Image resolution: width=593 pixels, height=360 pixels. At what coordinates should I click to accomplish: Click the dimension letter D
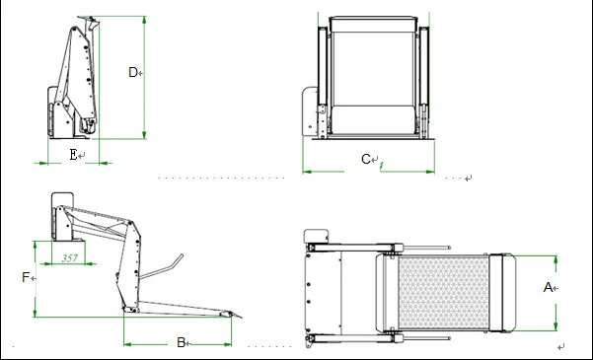[x=134, y=72]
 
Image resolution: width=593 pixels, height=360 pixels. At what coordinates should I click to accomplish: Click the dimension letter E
[x=73, y=155]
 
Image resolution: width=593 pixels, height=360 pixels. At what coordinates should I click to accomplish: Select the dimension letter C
[x=365, y=159]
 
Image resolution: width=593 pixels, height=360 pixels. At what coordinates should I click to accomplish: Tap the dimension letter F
[x=26, y=278]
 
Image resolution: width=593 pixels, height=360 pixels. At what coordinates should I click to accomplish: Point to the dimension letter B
[x=181, y=342]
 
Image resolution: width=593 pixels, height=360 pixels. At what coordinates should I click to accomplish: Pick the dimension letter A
[x=548, y=287]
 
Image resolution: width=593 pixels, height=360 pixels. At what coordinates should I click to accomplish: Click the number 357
[x=71, y=258]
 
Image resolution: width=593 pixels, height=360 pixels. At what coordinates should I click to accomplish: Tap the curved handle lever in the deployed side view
[x=166, y=266]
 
